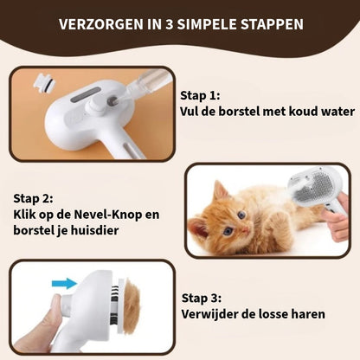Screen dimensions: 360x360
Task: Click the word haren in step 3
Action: tap(307, 313)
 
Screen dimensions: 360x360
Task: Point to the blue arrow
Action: tap(65, 282)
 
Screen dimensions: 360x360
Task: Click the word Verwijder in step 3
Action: tap(209, 313)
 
